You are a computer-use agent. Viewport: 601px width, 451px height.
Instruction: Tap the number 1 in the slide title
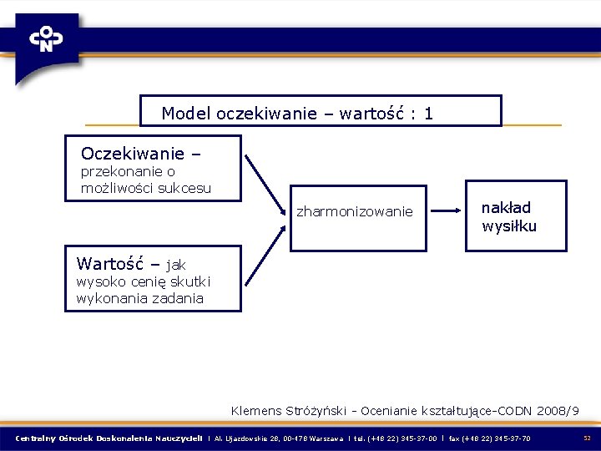[x=428, y=113]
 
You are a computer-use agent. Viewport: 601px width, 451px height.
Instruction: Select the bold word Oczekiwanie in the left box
[x=133, y=154]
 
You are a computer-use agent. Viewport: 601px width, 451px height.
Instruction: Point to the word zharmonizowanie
[x=355, y=212]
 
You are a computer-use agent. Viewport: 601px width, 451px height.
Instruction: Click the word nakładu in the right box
[x=506, y=207]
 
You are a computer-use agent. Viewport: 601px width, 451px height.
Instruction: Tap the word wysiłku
[x=508, y=226]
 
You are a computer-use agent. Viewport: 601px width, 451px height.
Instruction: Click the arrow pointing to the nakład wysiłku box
[x=447, y=210]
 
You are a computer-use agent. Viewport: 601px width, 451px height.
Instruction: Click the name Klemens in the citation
[x=256, y=411]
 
